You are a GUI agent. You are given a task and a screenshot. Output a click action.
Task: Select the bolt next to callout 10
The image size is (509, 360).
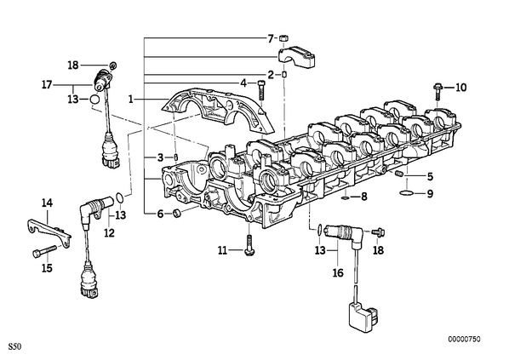[x=437, y=92]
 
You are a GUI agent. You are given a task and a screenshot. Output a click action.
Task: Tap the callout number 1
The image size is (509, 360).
[x=131, y=99]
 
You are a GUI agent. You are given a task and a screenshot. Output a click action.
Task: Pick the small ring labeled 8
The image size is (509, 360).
[x=346, y=197]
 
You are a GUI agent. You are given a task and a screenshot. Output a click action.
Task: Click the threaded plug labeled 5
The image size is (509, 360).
[x=399, y=174]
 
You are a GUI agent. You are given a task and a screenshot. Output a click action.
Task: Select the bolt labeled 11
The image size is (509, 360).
[x=249, y=246]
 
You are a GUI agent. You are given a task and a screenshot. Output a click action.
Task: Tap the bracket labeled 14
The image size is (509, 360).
[x=49, y=231]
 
